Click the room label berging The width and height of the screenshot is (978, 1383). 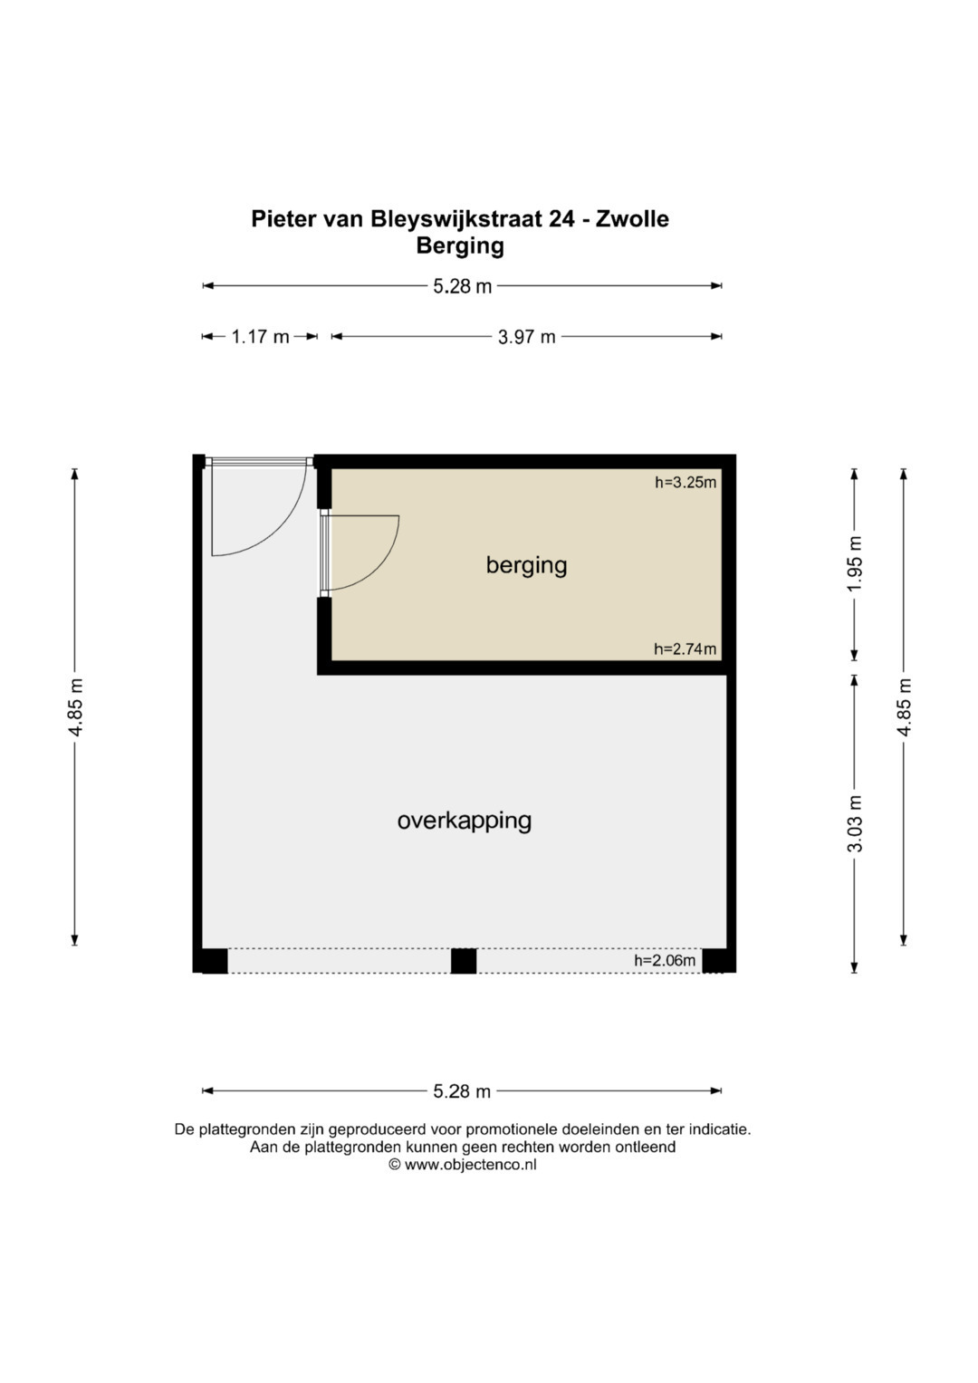pos(526,565)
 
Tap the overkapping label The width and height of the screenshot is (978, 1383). pos(465,821)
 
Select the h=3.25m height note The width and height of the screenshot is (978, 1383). pos(686,482)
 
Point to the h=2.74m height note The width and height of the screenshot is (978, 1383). pos(686,648)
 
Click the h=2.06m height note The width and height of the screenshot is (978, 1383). pos(665,961)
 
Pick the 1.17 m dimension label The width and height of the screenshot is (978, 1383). pos(260,337)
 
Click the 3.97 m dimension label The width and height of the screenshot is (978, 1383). pos(527,337)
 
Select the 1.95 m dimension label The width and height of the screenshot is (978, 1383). pos(855,563)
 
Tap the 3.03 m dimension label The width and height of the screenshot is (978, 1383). pos(855,823)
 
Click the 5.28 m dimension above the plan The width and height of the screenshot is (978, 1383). pos(463,286)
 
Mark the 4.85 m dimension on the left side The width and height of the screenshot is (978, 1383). pos(75,707)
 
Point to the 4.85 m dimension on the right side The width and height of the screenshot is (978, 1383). pos(905,707)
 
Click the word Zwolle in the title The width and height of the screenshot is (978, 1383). pos(632,218)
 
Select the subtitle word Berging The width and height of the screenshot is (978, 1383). pos(460,245)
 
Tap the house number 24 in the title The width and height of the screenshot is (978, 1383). pos(561,218)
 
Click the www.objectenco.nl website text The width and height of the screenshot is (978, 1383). pos(469,1165)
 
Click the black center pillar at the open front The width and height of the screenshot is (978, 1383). pos(463,961)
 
